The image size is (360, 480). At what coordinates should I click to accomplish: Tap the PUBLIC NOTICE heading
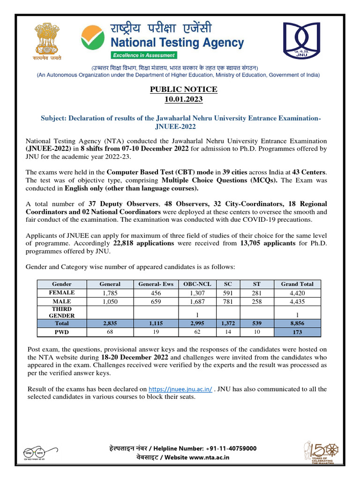(183, 90)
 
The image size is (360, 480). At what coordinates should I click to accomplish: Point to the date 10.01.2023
(183, 99)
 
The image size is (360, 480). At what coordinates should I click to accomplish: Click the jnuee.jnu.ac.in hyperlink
(180, 390)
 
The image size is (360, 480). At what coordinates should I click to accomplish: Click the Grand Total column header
(297, 284)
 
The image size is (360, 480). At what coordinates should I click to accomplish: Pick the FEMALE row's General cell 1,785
(110, 293)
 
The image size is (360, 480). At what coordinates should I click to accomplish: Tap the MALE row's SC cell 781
(228, 301)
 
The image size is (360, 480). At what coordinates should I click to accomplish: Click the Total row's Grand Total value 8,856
(297, 323)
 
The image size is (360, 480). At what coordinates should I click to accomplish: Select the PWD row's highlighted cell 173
(297, 332)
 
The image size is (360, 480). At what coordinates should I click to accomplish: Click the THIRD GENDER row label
(61, 313)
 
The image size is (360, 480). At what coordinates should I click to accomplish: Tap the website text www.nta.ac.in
(210, 457)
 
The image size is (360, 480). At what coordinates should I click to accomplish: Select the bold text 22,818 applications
(143, 244)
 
